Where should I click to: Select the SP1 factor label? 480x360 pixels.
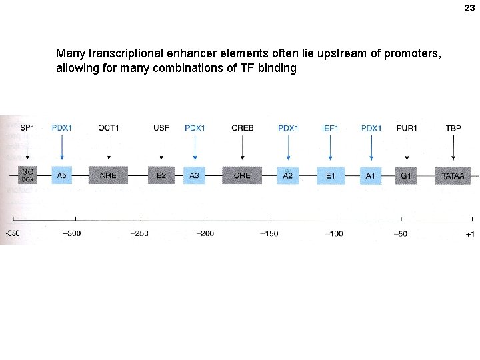coord(27,127)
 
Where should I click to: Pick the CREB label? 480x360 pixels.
coord(242,127)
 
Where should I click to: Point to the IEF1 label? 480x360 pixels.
coord(330,127)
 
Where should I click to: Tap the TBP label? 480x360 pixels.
coord(453,127)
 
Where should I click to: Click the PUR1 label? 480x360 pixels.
coord(406,127)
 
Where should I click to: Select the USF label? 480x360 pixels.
coord(161,127)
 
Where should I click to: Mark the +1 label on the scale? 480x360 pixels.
coord(469,233)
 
